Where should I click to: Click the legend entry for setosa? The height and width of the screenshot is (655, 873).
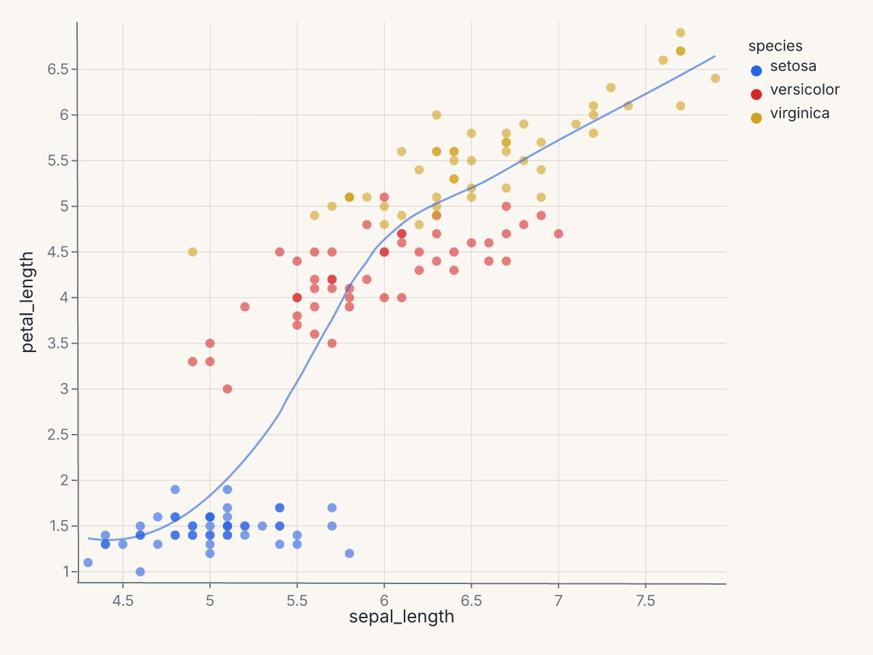pos(784,68)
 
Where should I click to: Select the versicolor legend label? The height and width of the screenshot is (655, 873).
pos(805,90)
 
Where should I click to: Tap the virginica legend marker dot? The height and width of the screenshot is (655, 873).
pos(756,118)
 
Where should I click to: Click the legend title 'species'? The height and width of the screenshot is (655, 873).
pos(775,46)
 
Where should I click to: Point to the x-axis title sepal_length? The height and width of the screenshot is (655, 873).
pos(401,617)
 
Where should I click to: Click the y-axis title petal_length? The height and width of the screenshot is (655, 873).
pos(28,302)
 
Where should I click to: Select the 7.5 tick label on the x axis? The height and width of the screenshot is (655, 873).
pos(645,600)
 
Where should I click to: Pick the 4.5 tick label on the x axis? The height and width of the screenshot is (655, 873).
pos(123,600)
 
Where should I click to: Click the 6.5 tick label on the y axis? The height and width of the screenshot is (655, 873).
pos(58,69)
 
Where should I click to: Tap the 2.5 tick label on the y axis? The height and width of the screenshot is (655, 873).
pos(58,435)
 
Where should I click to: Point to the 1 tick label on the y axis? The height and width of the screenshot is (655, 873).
pos(65,572)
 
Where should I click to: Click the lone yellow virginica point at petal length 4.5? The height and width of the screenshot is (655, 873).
pos(192,252)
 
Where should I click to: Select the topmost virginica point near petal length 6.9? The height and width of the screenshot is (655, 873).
pos(681,33)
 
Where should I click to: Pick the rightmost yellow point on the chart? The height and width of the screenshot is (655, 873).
pos(715,78)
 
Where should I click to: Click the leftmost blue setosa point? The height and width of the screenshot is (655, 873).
pos(88,562)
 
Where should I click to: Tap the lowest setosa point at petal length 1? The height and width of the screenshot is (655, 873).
pos(140,572)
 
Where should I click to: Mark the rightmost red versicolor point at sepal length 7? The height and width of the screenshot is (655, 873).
pos(559,233)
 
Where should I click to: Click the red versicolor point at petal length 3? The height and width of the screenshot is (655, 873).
pos(227,389)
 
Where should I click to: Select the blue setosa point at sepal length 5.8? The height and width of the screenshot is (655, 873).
pos(349,553)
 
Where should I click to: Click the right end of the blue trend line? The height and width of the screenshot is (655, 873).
pos(715,56)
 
